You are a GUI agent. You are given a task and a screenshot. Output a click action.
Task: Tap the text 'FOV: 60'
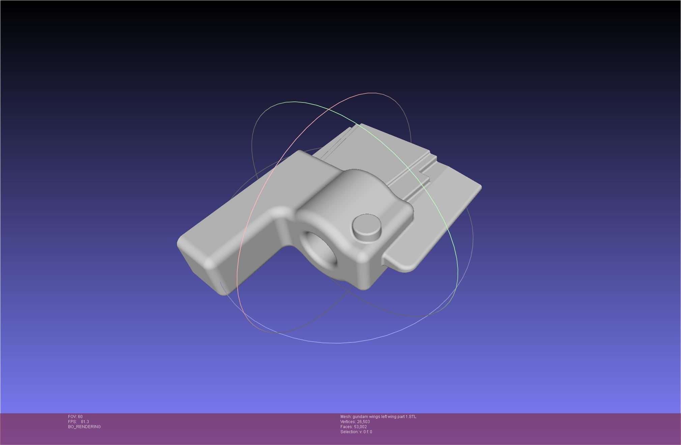pos(75,417)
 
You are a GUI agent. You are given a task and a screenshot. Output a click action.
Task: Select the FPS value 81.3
pos(85,422)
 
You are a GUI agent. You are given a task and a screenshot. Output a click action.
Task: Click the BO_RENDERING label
pos(84,427)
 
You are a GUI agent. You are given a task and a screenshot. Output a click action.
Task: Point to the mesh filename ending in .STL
pos(384,417)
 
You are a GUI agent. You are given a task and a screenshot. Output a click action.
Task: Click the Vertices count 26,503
pos(363,422)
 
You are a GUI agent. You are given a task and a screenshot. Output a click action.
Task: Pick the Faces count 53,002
pos(360,427)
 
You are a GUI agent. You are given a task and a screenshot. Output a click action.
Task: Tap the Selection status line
pos(356,432)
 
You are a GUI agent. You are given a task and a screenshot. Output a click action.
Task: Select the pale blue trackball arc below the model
pos(337,343)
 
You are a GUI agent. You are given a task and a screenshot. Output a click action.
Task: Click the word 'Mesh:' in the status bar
pos(346,417)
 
